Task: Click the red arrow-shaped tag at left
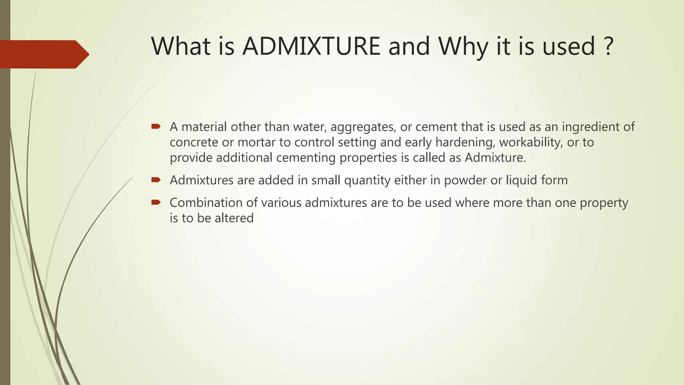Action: tap(43, 54)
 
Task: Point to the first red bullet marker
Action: tap(156, 126)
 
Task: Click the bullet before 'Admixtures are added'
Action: tap(156, 180)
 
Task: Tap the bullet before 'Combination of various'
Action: tap(156, 202)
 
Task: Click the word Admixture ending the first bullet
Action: tap(495, 157)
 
